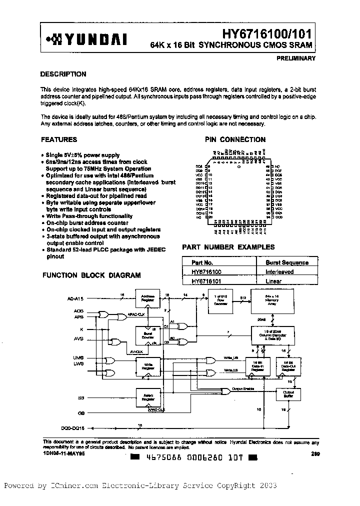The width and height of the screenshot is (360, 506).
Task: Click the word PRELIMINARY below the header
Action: point(295,58)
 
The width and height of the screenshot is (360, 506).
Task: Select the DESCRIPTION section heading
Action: point(63,74)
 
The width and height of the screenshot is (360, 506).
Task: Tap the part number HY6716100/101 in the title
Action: point(268,33)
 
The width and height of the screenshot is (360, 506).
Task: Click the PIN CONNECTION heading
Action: point(235,139)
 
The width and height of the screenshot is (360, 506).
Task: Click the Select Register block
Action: point(148,398)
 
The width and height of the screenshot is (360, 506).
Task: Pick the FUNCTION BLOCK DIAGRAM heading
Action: point(91,275)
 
